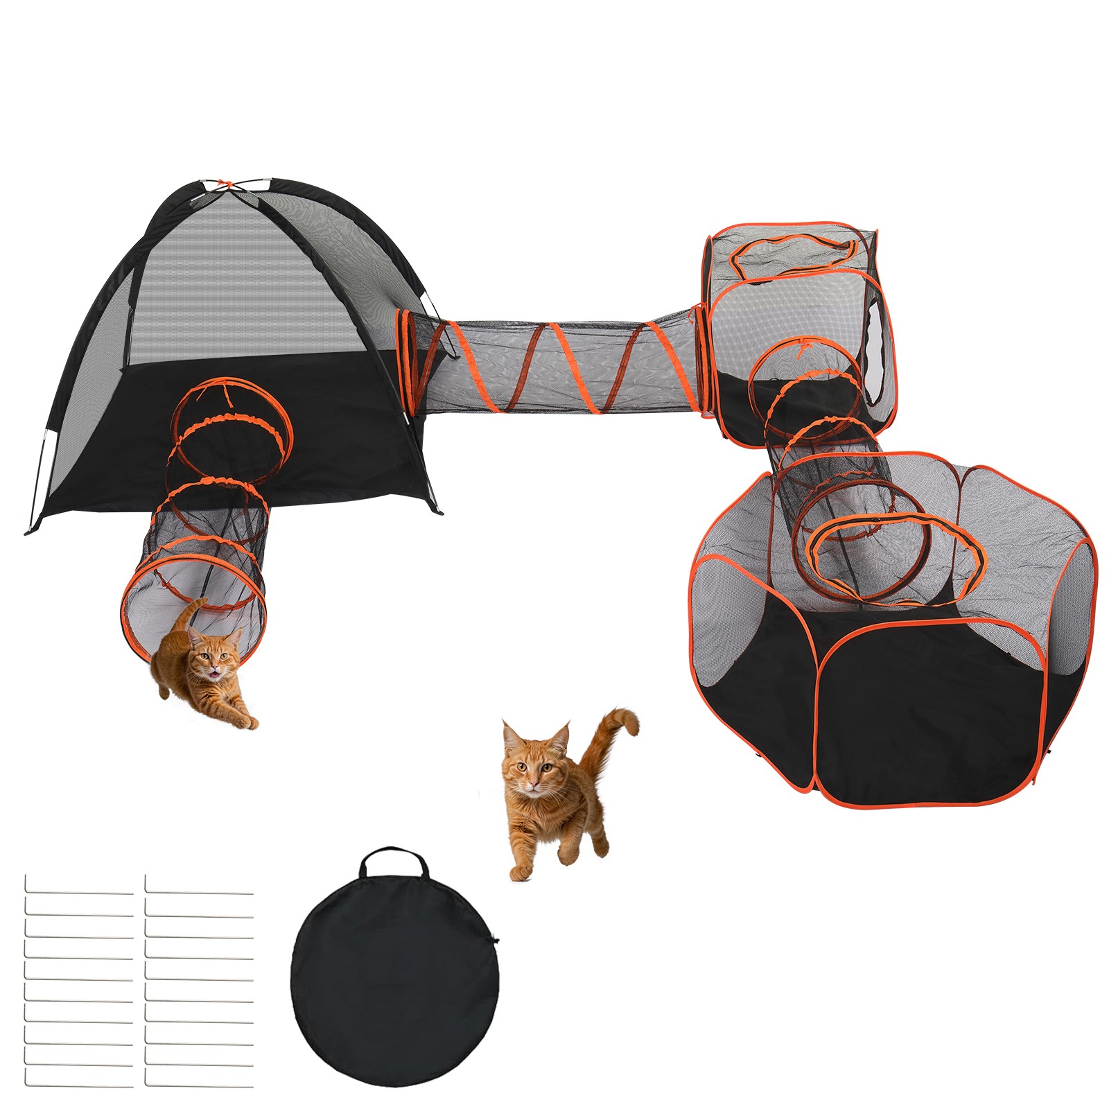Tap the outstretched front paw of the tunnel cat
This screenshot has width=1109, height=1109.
tap(246, 722)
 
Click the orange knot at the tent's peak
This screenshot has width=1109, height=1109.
tap(222, 184)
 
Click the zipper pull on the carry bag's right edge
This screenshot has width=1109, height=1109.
tap(496, 941)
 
